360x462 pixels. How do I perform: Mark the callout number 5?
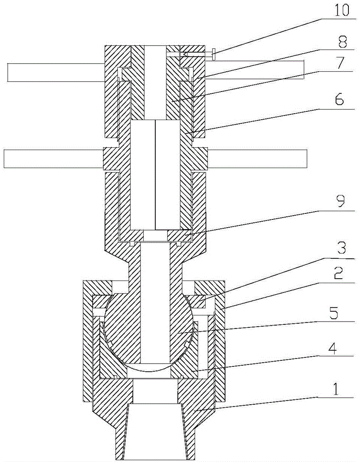[334, 314]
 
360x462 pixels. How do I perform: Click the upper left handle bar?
[56, 73]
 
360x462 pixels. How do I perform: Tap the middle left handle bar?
[54, 158]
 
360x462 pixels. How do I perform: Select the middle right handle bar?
[257, 158]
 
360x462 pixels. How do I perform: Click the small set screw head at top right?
[213, 54]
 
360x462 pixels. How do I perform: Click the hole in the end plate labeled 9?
[155, 236]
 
